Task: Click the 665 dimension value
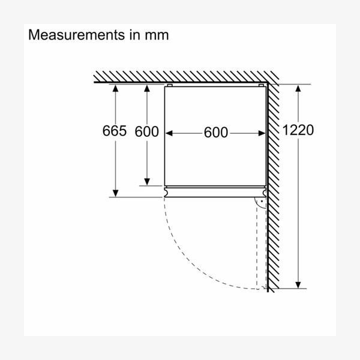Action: tap(115, 131)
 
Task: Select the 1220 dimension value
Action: tap(298, 130)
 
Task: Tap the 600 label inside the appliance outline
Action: tap(216, 133)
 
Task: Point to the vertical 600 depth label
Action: tap(147, 131)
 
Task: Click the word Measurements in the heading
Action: tap(76, 35)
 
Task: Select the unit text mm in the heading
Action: tap(157, 35)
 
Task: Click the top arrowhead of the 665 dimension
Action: tap(115, 88)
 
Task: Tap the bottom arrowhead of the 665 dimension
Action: tap(115, 193)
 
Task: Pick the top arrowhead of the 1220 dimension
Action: tap(298, 88)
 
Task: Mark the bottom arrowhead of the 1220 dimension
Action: tap(298, 284)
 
